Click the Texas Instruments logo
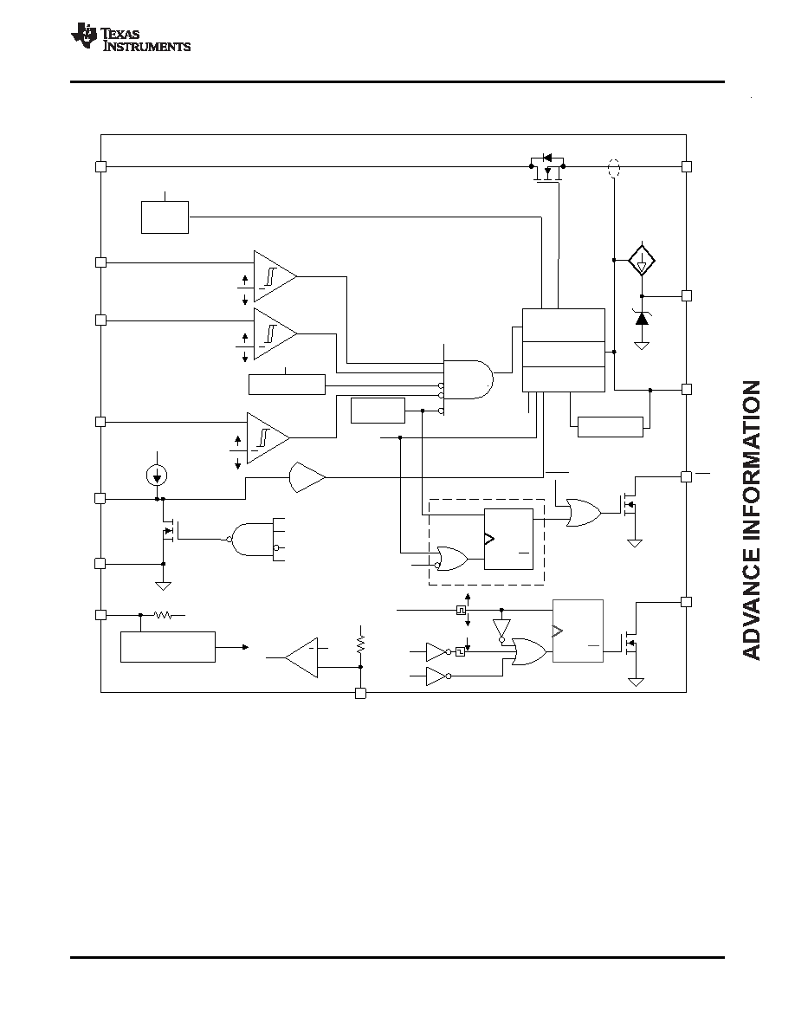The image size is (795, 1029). click(131, 37)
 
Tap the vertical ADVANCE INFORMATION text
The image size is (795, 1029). click(752, 520)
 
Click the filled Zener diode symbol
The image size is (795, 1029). click(642, 318)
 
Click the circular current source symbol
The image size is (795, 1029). click(157, 476)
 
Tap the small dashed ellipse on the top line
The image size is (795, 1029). click(614, 168)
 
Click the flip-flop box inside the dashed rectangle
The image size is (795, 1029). click(508, 539)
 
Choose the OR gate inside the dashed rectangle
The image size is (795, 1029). click(451, 558)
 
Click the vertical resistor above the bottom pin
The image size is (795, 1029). click(360, 641)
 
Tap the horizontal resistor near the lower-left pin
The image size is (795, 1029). click(163, 616)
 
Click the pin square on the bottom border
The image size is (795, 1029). click(360, 693)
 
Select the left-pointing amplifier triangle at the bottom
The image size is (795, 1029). click(301, 657)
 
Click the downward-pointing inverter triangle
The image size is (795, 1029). click(501, 630)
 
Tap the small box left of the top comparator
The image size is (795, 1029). click(165, 217)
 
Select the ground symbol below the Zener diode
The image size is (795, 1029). click(642, 345)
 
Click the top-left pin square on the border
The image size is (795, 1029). click(100, 166)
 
